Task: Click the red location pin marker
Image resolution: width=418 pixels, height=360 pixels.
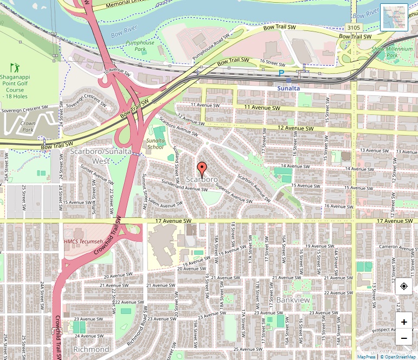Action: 202,169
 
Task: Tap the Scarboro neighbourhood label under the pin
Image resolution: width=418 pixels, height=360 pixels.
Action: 202,179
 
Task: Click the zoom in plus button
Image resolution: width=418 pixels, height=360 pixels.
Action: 404,322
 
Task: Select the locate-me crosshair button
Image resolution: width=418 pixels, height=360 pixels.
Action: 404,286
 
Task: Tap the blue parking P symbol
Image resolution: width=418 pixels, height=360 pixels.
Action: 281,73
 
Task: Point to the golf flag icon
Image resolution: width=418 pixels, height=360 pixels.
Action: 15,68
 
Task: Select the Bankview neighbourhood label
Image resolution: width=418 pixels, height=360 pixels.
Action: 293,299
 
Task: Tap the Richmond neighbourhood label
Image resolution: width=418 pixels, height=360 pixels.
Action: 91,349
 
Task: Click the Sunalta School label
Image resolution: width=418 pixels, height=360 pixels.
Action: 155,144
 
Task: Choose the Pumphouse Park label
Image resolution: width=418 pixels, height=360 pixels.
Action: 140,46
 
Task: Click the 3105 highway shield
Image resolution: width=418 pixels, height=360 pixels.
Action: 353,27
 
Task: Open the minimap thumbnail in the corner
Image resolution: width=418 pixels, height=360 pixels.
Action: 394,17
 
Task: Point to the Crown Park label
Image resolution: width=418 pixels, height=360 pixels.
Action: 27,127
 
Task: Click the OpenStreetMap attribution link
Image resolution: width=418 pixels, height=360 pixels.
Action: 398,357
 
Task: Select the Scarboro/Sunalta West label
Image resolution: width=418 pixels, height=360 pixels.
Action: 100,156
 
